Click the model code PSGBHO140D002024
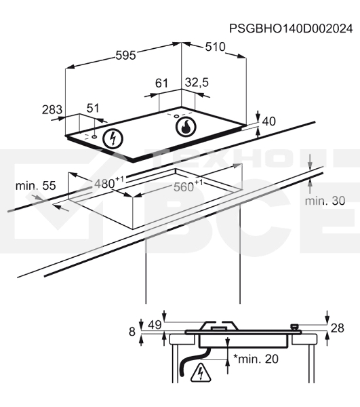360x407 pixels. tap(291, 28)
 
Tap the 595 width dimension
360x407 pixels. tap(125, 56)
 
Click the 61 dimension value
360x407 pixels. tap(161, 83)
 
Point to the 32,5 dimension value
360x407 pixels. tap(197, 83)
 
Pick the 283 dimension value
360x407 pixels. tap(52, 109)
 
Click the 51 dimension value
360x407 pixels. tap(93, 108)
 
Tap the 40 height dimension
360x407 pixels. tap(269, 121)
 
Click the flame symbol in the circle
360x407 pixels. tap(186, 126)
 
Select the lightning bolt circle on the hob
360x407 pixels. tap(113, 138)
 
